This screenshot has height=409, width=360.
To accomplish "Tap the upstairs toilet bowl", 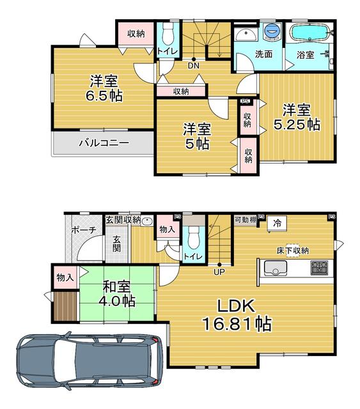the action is pos(168,36).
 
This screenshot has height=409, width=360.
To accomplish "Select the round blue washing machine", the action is pos(272,31).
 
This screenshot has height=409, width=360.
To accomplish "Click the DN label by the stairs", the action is pos(194,65).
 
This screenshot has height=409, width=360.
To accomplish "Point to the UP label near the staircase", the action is pos(219,272).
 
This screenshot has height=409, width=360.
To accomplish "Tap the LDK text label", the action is pos(236,306).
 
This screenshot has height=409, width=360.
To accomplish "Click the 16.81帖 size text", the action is pos(237,324).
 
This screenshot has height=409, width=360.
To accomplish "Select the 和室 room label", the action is pos(116,286).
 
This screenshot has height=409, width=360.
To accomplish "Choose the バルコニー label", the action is pos(104,143).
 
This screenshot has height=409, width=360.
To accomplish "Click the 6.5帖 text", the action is pos(104,96).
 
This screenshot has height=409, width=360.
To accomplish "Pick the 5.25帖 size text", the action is pos(297,124).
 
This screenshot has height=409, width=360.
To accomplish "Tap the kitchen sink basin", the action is pos(275,268).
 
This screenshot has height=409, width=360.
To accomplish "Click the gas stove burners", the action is pos(319,268).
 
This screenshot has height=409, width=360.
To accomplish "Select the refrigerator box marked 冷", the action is pos(278,223).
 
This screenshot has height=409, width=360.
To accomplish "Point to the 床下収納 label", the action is pos(293,251).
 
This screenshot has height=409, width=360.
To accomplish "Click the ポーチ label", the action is pos(84,230).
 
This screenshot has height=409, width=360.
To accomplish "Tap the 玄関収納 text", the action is pos(123,220).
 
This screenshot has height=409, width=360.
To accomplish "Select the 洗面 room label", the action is pos(263,54).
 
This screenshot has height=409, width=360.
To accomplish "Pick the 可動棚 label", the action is pos(246,220).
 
